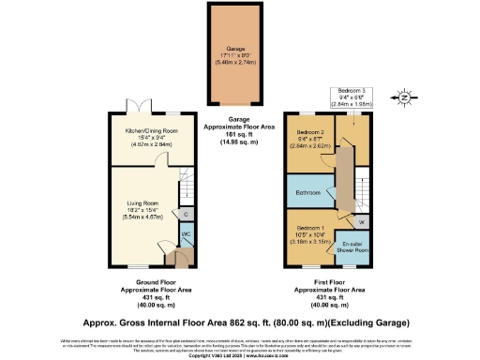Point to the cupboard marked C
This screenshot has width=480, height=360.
pyautogui.click(x=187, y=214)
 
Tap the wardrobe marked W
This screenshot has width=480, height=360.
pyautogui.click(x=361, y=221)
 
